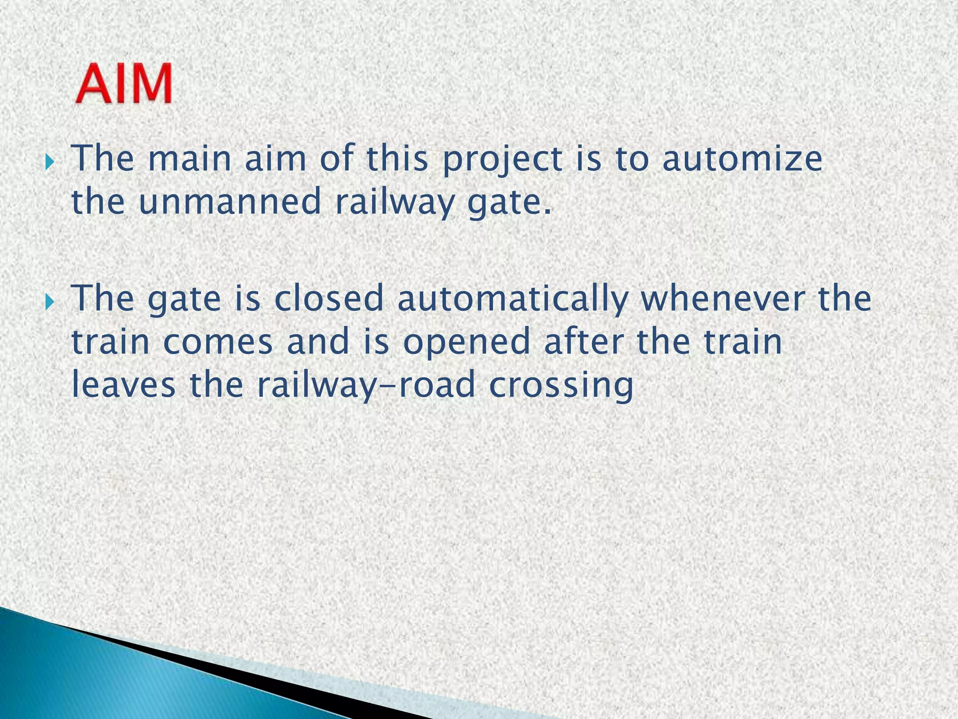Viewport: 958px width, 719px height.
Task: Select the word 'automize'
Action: [x=742, y=159]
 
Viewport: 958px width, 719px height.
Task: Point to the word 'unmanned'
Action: [x=230, y=202]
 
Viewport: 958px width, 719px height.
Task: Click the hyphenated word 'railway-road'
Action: [x=365, y=385]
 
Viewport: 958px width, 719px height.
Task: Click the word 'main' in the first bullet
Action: [x=190, y=159]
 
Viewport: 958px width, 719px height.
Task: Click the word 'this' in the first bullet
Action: [x=397, y=159]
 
